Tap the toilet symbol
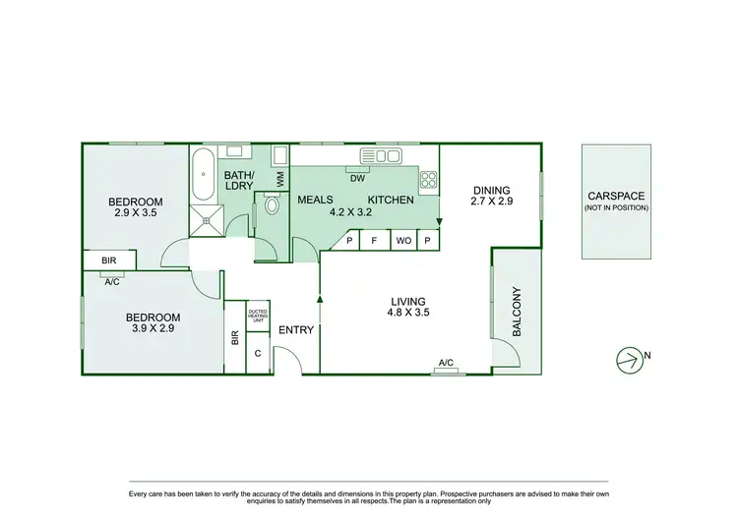pos(271,205)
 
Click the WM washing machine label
pos(280,179)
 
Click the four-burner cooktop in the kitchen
pos(429,179)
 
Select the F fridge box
pos(375,240)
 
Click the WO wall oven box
pos(402,240)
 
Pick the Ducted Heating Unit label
pos(258,315)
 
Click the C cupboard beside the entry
pos(258,353)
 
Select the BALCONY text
pos(518,313)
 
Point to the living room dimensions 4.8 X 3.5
pos(407,314)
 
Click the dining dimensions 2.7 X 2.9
pos(493,202)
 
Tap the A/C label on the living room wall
pos(446,364)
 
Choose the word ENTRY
pos(296,330)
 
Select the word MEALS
pos(316,200)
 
